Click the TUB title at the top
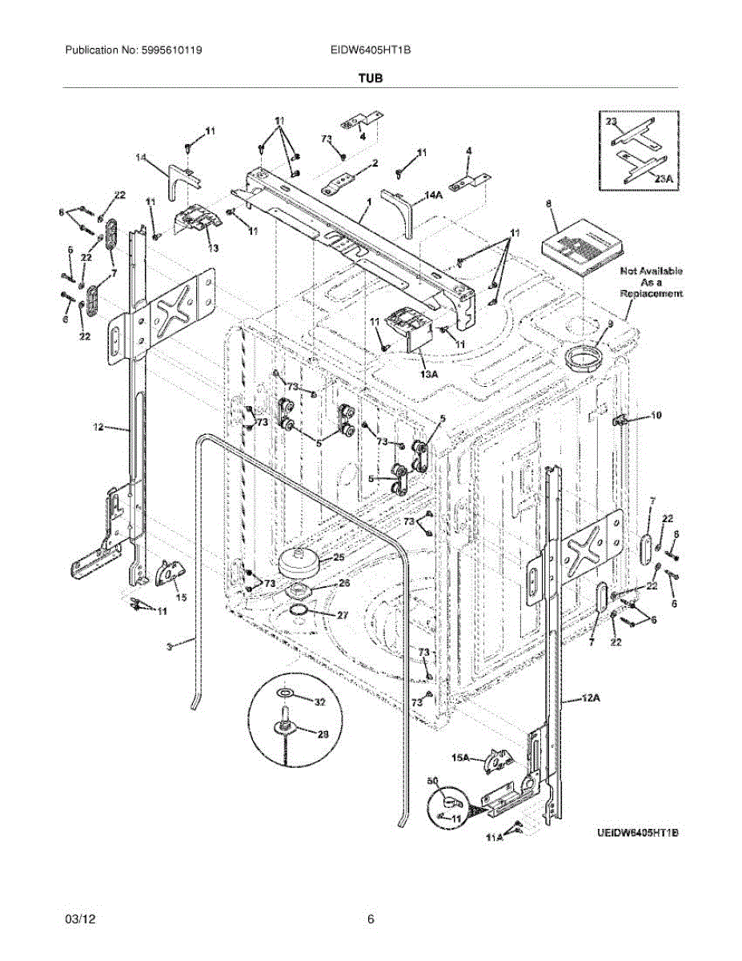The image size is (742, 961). [x=371, y=78]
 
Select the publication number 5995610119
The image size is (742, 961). [x=133, y=50]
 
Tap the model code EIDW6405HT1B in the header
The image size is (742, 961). [x=371, y=50]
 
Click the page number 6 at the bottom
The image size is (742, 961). [x=371, y=919]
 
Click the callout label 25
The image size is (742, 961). [x=339, y=557]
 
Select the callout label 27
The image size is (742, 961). [x=343, y=615]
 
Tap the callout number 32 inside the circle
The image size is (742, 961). [x=319, y=702]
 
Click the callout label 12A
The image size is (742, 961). [x=590, y=699]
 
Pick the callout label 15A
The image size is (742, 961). [x=460, y=756]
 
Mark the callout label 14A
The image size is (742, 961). [x=434, y=194]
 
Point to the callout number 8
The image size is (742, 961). [x=549, y=204]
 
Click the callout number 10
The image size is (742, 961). [x=656, y=415]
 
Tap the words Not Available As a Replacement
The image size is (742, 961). [x=652, y=283]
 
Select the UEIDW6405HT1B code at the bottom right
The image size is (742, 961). [x=637, y=834]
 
